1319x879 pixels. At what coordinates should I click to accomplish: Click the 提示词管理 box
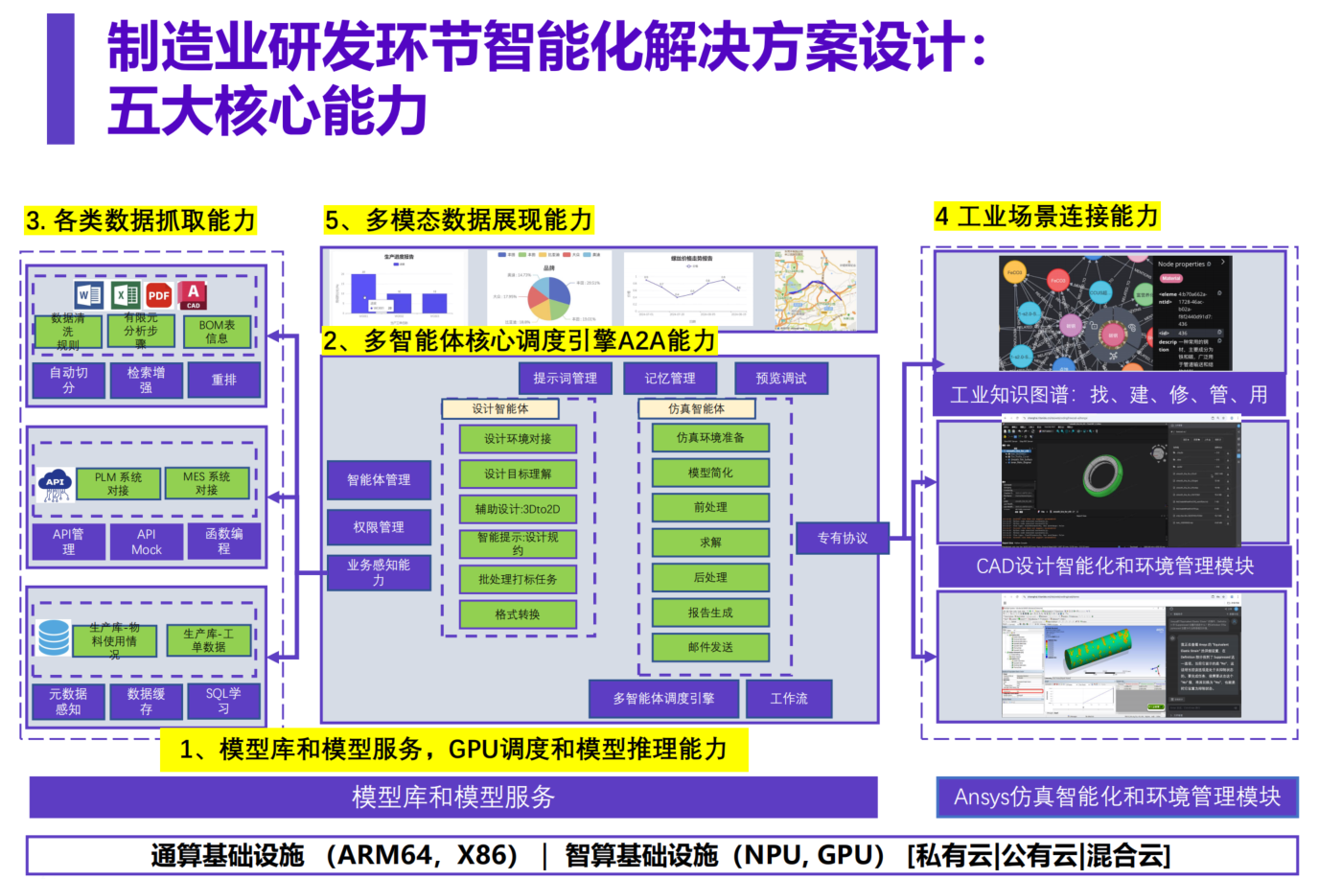(565, 379)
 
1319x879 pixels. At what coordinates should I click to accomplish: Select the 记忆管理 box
(670, 379)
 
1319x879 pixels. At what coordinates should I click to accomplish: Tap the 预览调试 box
(780, 379)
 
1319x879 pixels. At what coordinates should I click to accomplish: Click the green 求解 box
(710, 543)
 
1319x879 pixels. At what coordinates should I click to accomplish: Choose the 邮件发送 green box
(710, 647)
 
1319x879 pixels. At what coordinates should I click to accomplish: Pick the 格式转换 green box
(518, 614)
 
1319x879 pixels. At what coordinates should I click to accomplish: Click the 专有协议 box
(842, 539)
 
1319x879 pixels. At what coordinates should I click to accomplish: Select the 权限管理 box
(379, 527)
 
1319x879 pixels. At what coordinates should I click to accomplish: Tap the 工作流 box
(788, 699)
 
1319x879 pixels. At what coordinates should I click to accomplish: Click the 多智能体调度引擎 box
(663, 699)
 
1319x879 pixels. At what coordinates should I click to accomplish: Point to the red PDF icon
(159, 295)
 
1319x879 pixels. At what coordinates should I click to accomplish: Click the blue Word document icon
(88, 295)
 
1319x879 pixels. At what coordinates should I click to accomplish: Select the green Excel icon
(125, 295)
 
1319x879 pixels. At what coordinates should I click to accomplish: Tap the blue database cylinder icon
(54, 637)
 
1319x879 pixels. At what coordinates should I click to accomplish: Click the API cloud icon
(55, 484)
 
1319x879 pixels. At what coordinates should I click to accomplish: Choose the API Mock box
(146, 542)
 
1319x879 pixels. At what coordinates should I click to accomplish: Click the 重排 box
(223, 380)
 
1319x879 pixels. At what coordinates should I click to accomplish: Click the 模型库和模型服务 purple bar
(453, 797)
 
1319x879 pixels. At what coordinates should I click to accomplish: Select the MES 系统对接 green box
(206, 483)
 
